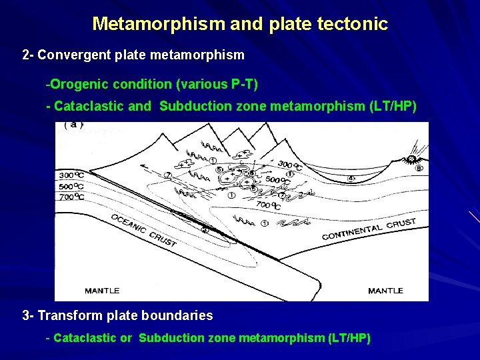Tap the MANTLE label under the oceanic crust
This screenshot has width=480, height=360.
102,291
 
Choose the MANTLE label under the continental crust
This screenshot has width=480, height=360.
385,291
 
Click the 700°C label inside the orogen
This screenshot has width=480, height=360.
268,205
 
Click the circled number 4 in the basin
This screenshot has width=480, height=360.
351,179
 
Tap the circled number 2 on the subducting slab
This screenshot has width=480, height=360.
205,230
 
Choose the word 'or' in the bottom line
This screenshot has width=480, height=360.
126,338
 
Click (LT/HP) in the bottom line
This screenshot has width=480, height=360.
349,338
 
